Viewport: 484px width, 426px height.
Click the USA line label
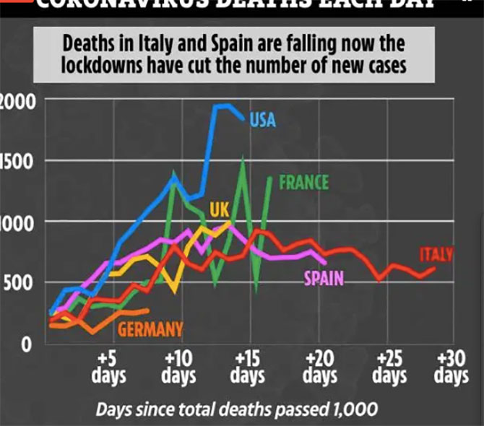[263, 119]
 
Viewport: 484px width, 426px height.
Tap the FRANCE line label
[303, 182]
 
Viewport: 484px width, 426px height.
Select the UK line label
[219, 209]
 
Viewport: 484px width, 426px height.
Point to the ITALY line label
[436, 254]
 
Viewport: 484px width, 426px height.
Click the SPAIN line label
[323, 278]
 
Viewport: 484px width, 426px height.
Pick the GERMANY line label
[150, 331]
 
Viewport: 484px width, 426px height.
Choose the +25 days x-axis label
[390, 368]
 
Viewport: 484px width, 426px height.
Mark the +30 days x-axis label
[451, 368]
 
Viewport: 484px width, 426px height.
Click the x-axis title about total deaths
[237, 409]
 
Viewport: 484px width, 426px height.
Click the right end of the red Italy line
[434, 268]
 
